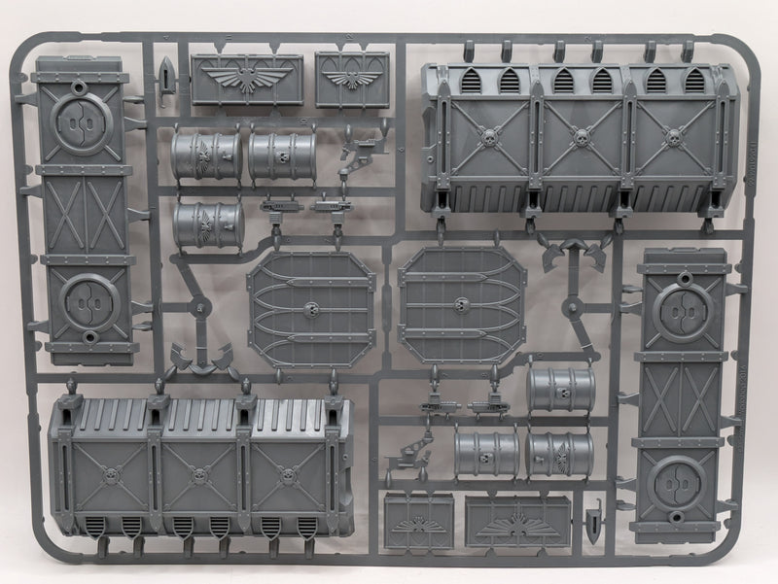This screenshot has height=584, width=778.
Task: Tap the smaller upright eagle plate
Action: [x=351, y=79]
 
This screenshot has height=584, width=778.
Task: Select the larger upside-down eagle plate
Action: [x=516, y=522]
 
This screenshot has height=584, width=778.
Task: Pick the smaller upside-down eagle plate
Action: [x=418, y=520]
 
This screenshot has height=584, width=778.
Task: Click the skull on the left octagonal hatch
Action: [x=311, y=309]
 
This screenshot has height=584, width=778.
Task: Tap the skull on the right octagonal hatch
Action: [x=461, y=303]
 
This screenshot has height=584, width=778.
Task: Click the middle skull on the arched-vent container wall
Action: [x=582, y=139]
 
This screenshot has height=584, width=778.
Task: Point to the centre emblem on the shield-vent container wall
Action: [x=199, y=475]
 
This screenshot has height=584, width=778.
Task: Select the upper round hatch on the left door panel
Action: [x=81, y=123]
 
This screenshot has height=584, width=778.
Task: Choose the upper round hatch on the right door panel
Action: [x=683, y=311]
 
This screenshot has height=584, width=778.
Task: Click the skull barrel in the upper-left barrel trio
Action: [x=282, y=155]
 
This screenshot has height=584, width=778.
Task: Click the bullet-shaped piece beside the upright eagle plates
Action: [x=168, y=75]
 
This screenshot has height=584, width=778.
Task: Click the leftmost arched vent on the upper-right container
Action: [x=472, y=81]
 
